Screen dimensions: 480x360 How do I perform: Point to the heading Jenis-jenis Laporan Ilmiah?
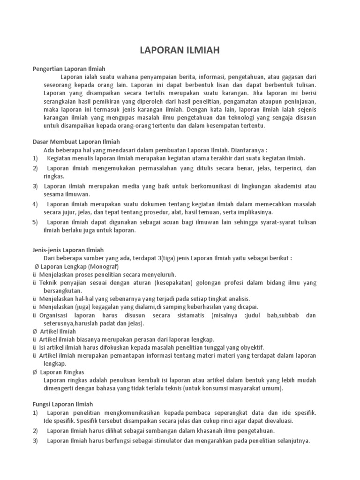click(x=68, y=250)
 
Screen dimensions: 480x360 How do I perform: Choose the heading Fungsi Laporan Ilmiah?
click(x=63, y=404)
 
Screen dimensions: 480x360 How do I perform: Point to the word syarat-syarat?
click(x=274, y=222)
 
